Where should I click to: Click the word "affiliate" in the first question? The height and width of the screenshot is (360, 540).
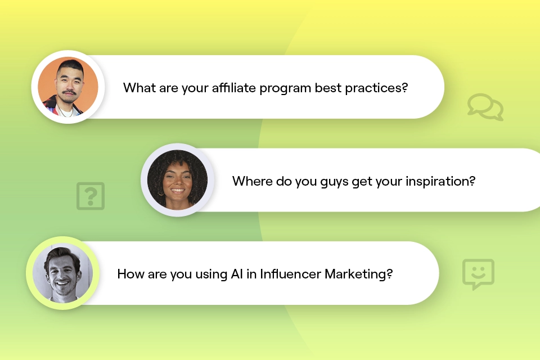(234, 88)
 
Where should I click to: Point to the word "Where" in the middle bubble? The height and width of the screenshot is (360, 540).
(253, 181)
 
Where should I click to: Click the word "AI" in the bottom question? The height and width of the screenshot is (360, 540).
(237, 274)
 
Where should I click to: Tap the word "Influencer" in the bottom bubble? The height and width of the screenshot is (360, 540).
(290, 274)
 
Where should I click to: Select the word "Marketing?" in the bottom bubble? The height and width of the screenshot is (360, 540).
(358, 274)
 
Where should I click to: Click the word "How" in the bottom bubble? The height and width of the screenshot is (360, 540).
(130, 274)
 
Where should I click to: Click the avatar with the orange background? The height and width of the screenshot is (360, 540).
(68, 87)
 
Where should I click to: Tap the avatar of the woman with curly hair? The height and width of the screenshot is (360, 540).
(177, 180)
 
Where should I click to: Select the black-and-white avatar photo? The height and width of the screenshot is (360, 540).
(62, 273)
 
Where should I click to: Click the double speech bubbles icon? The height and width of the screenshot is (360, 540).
(485, 107)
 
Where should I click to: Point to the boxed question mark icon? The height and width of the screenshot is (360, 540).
(91, 196)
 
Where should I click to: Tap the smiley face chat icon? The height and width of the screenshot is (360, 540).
(478, 274)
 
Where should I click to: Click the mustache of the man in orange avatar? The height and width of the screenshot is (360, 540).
(69, 92)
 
